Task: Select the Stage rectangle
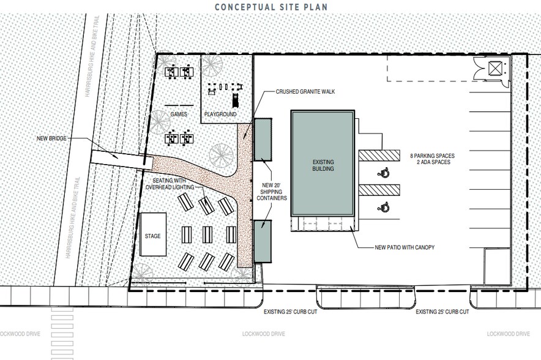(153, 234)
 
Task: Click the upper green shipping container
(263, 138)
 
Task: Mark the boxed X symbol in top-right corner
(494, 67)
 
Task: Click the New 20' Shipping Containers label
(271, 190)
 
